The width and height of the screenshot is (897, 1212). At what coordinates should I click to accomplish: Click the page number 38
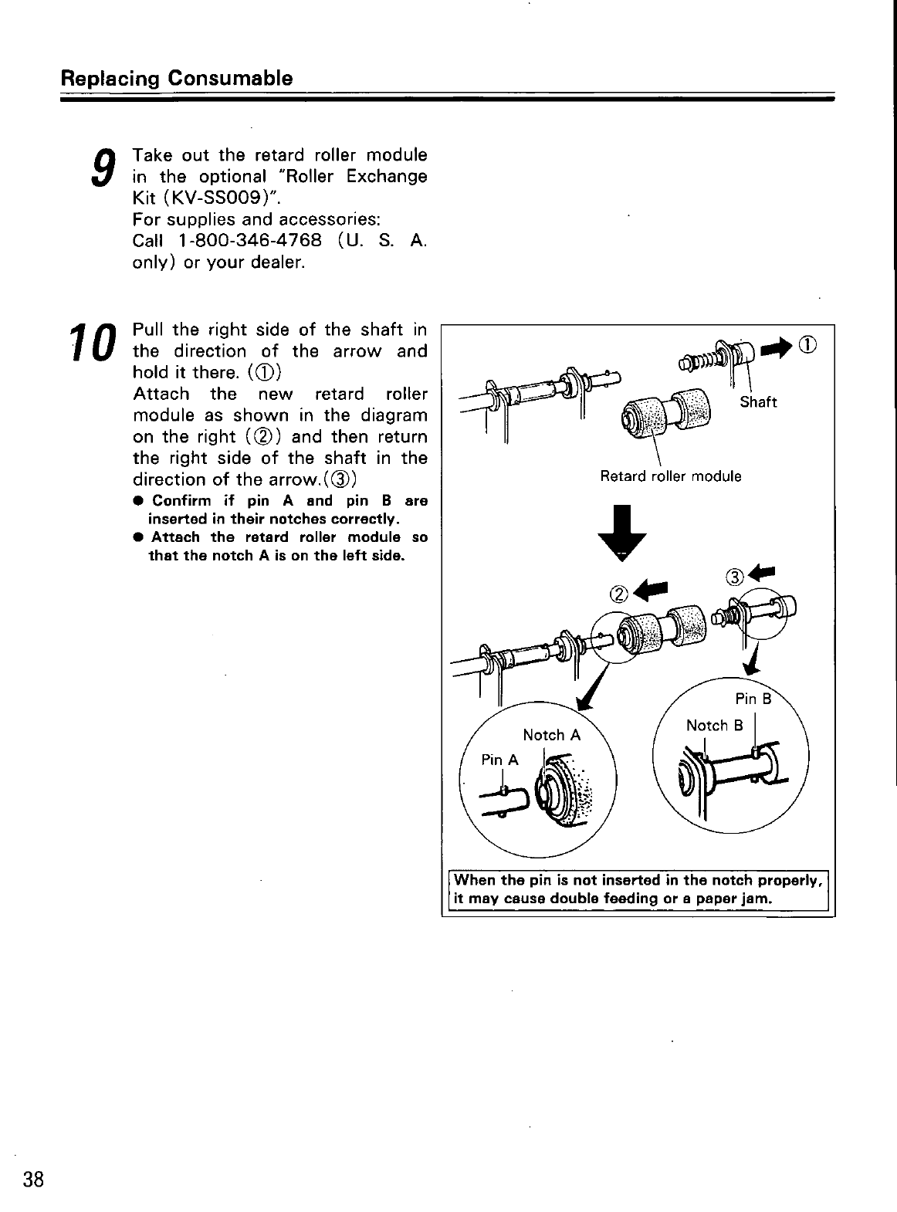(x=34, y=1180)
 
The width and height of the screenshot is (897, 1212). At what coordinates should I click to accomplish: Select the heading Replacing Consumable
(x=177, y=79)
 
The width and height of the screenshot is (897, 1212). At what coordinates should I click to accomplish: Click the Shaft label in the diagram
(x=758, y=402)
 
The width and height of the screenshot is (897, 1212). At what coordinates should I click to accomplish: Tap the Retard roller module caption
(x=670, y=476)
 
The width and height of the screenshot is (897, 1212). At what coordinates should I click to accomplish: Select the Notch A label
(x=551, y=735)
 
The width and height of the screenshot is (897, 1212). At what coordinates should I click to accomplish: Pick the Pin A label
(x=499, y=760)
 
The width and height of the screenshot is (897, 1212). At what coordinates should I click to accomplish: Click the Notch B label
(x=714, y=726)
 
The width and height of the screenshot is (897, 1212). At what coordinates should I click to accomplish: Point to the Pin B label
(x=753, y=699)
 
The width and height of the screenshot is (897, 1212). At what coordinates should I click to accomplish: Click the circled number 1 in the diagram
(x=809, y=344)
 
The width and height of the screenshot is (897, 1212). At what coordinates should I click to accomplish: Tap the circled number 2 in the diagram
(x=620, y=594)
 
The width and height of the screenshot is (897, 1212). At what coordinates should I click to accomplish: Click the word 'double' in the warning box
(x=602, y=899)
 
